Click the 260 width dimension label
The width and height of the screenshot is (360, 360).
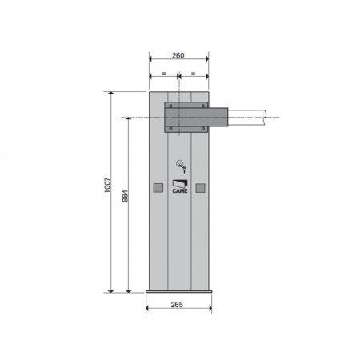tap(178, 55)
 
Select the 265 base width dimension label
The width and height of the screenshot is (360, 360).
tap(177, 305)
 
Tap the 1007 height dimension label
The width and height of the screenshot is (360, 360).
tap(107, 185)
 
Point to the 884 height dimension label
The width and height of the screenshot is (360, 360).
tap(125, 196)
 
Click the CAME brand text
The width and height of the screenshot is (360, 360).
tap(180, 191)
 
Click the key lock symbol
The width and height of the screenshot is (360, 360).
tap(181, 166)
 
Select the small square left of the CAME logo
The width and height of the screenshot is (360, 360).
tap(158, 188)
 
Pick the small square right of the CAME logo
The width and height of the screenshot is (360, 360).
tap(200, 188)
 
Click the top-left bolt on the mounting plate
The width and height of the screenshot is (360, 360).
tap(170, 106)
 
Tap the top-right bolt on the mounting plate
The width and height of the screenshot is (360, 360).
tap(203, 106)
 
